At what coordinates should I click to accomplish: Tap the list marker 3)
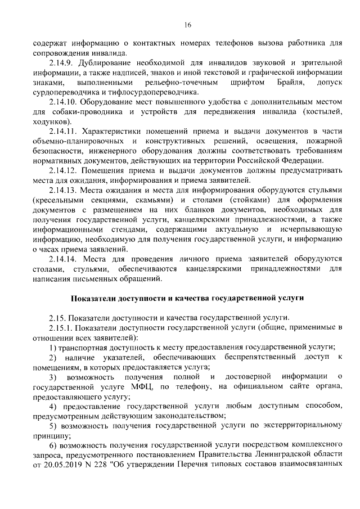click(x=53, y=376)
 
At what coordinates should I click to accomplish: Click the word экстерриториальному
click(x=294, y=426)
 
